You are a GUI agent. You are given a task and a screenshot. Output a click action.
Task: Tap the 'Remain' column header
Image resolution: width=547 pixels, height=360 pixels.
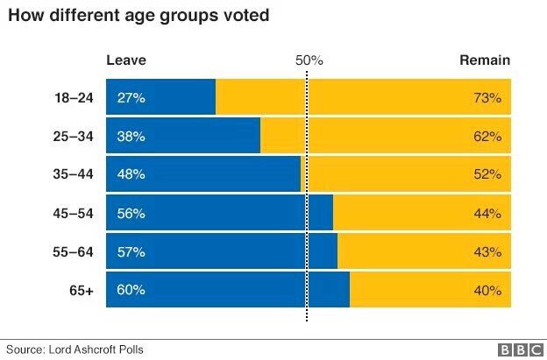tap(485, 60)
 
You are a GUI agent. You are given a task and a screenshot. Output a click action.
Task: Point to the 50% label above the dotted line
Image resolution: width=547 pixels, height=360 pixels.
tap(309, 60)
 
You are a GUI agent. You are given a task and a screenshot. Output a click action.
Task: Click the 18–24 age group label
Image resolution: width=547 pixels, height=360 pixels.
tap(75, 98)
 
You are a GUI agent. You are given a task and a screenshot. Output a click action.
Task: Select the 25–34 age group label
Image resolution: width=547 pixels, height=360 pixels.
tap(75, 137)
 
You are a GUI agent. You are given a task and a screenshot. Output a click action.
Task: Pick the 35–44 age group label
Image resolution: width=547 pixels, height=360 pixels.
tap(75, 174)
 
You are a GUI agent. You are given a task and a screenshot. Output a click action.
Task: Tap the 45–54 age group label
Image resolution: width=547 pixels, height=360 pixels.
tap(75, 213)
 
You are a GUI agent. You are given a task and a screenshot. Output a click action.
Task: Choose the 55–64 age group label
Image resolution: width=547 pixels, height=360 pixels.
tap(75, 251)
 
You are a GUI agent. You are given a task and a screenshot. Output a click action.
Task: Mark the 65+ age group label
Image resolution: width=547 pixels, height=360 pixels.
tap(82, 290)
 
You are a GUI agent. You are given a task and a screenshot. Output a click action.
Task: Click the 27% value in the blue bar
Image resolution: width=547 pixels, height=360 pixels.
tap(131, 98)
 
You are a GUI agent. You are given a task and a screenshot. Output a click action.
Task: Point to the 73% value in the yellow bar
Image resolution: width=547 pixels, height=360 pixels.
tap(487, 98)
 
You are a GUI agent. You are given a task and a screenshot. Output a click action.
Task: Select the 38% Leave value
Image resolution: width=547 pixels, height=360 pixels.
tap(131, 137)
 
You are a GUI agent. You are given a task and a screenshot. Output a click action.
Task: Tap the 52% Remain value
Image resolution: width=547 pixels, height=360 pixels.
tap(487, 174)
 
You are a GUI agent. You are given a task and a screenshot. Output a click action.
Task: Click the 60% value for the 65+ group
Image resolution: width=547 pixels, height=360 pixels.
tap(131, 290)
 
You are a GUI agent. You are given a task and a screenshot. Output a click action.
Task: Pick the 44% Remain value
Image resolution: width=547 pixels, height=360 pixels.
tap(487, 213)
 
